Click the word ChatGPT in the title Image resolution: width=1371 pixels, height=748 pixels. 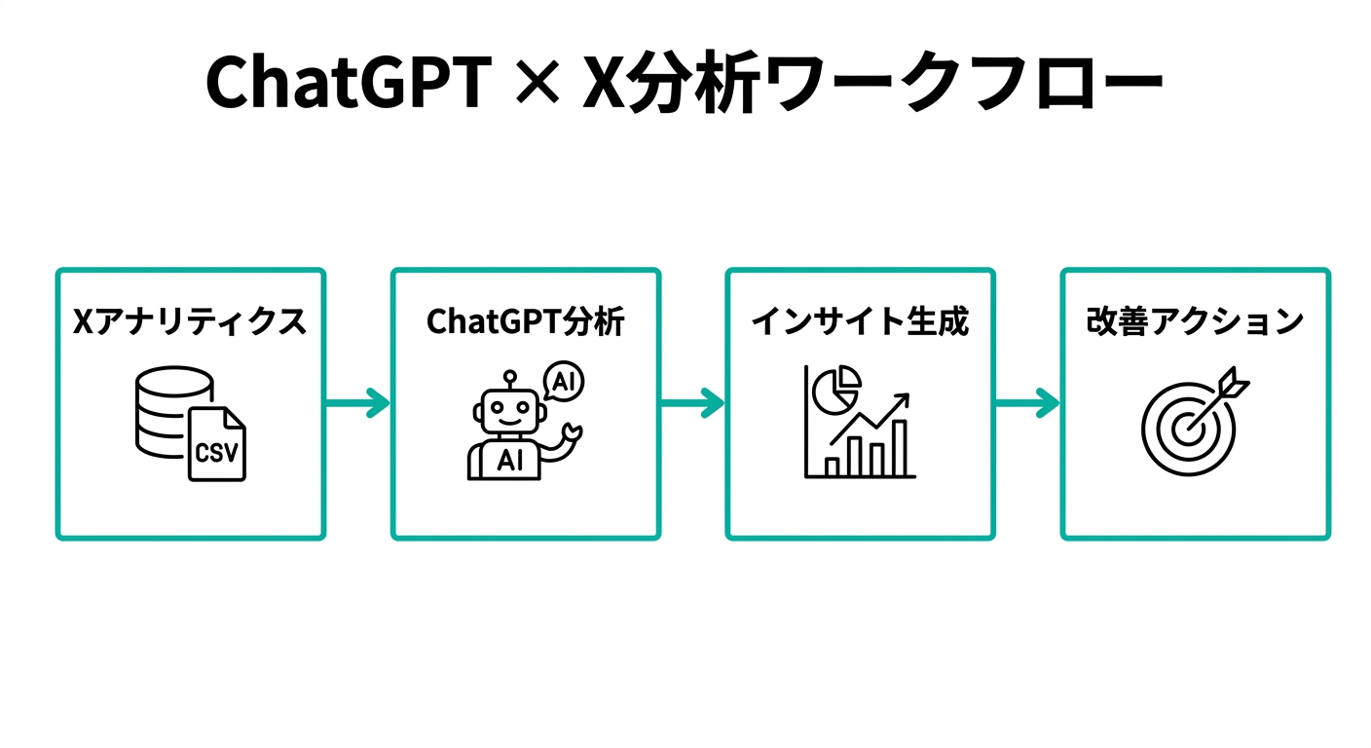point(347,83)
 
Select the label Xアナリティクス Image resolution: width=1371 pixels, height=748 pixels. point(190,321)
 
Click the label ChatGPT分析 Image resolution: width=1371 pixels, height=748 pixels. point(526,321)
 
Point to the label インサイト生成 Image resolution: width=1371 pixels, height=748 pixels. point(860,321)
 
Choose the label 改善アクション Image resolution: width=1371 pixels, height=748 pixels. point(1195,321)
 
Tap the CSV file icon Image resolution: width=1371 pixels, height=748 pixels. point(217,445)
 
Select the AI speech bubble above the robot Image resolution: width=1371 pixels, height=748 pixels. point(562,381)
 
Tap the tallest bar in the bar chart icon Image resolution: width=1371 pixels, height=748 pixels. point(900,447)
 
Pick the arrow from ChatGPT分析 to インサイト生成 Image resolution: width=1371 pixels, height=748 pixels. point(692,402)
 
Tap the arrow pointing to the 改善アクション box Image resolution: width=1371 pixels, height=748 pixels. point(1027,402)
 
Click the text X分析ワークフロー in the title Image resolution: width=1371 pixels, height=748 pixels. point(871,83)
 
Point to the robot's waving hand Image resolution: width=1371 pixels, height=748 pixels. point(572,432)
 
